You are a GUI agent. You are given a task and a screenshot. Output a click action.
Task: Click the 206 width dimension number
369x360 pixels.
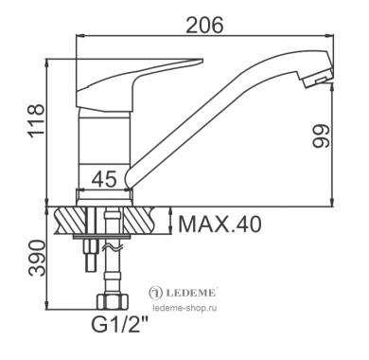[x=204, y=25]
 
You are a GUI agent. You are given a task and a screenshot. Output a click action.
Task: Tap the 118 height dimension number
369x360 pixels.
[x=36, y=119]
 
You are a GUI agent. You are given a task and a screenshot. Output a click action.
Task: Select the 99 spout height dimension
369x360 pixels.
[x=321, y=135]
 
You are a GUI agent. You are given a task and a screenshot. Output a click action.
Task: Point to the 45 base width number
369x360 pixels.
[x=104, y=179]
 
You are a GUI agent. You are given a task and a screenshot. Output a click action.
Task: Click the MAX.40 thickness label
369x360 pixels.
[x=220, y=224]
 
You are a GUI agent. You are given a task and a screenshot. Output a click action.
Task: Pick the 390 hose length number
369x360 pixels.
[x=37, y=258]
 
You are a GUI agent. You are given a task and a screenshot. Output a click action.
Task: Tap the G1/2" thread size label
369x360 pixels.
[x=120, y=324]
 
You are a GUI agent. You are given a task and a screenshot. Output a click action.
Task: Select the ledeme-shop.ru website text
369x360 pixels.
[x=184, y=308]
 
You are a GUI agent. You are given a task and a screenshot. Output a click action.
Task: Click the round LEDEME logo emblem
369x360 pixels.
[x=155, y=293]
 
